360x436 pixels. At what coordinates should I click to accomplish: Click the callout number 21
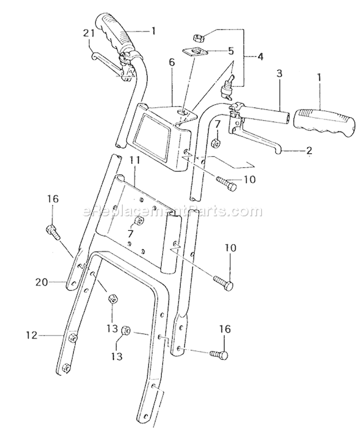(87, 34)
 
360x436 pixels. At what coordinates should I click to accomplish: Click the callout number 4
(260, 56)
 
